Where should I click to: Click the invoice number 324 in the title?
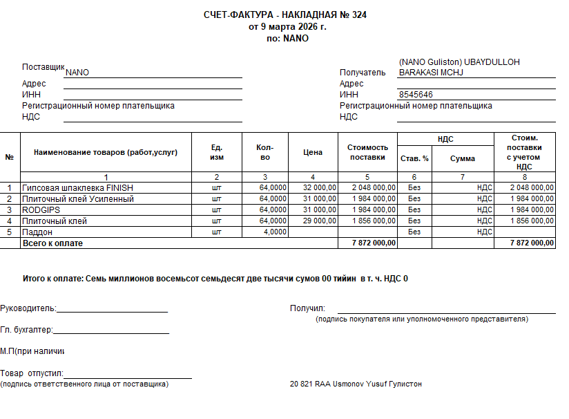(x=358, y=15)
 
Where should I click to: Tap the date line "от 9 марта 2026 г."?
(x=287, y=27)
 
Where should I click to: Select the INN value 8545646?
(x=416, y=95)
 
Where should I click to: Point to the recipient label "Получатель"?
(x=362, y=72)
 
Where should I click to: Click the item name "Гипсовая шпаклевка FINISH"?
(x=77, y=187)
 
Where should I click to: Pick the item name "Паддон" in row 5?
(x=37, y=232)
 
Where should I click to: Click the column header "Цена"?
(x=313, y=152)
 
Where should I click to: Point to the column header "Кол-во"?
(x=264, y=152)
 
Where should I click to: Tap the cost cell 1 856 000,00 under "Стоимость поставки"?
(x=374, y=221)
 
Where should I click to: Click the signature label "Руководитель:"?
(x=28, y=308)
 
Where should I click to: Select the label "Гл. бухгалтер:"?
(x=27, y=330)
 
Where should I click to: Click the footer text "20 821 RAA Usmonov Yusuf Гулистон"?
(x=356, y=384)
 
